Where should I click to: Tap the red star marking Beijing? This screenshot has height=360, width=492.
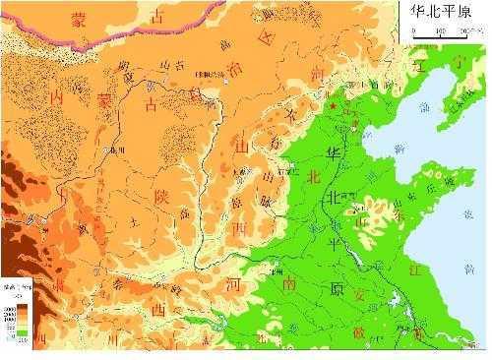click(x=333, y=104)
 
